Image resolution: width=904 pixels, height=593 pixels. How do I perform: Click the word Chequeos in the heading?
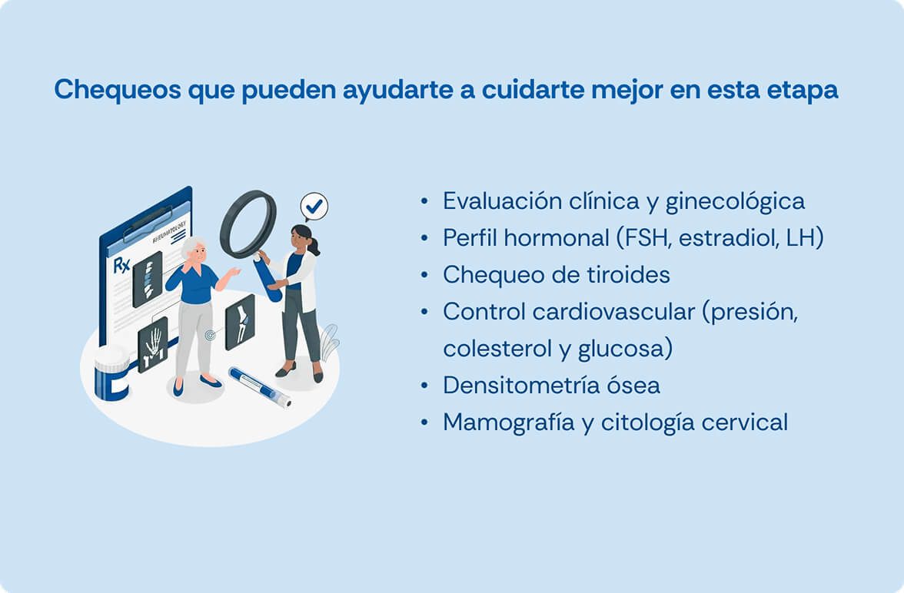point(118,90)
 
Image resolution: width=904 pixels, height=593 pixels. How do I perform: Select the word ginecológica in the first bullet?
point(735,202)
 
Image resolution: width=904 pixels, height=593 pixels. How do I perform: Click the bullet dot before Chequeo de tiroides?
point(425,275)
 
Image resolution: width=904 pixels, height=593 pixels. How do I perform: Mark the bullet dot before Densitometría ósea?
point(425,386)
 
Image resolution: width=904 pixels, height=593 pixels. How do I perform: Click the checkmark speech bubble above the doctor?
point(314,207)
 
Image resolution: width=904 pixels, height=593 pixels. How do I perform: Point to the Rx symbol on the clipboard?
point(121,266)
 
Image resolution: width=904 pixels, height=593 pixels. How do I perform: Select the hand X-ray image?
point(153,345)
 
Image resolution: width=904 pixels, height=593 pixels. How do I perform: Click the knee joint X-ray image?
point(241,322)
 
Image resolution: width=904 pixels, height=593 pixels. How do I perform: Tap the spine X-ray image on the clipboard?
point(148,279)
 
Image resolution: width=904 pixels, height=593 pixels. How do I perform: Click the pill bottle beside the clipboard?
point(111,373)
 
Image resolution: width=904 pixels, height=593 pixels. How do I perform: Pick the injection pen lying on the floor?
point(260,386)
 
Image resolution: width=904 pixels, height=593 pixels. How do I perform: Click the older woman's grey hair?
point(192,246)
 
